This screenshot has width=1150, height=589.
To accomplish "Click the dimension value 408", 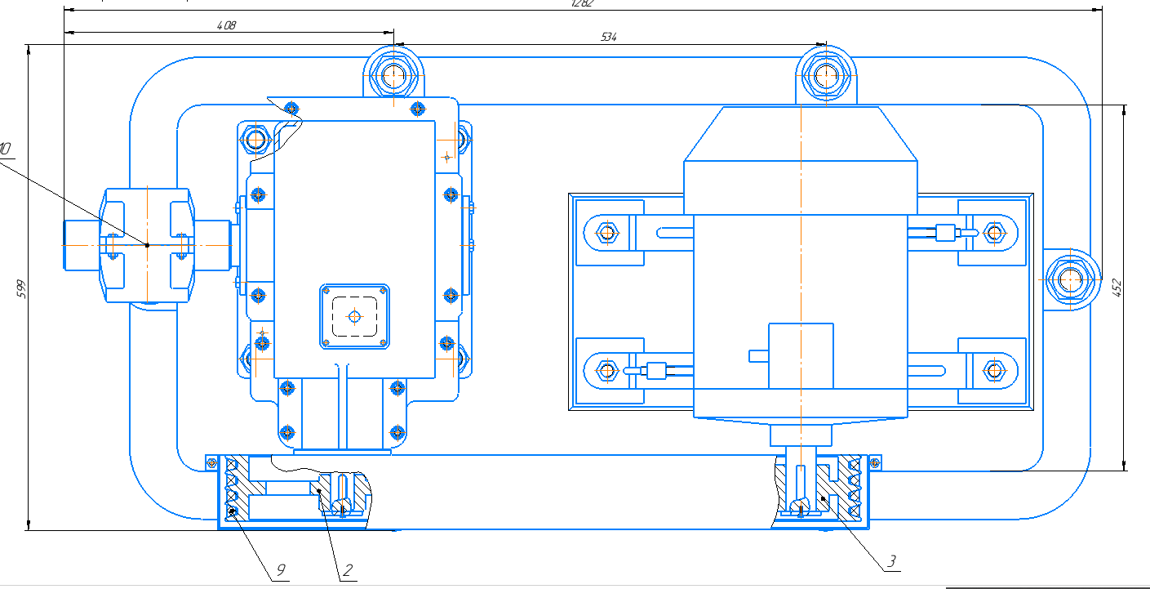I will click(226, 25).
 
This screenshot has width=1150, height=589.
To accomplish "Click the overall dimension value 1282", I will click(582, 3).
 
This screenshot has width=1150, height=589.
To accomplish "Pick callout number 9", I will click(280, 569).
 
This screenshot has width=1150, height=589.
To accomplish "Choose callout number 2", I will click(347, 569).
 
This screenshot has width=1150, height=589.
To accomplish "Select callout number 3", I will click(891, 560).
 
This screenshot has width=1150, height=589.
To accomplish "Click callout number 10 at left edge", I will click(6, 149).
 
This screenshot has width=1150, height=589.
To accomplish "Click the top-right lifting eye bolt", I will click(826, 76).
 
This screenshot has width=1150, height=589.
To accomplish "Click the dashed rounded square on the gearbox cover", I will click(354, 315).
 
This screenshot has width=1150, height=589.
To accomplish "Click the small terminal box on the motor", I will click(800, 355).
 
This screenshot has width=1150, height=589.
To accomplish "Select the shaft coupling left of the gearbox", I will click(147, 245).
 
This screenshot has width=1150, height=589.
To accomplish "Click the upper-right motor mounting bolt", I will click(993, 232).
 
